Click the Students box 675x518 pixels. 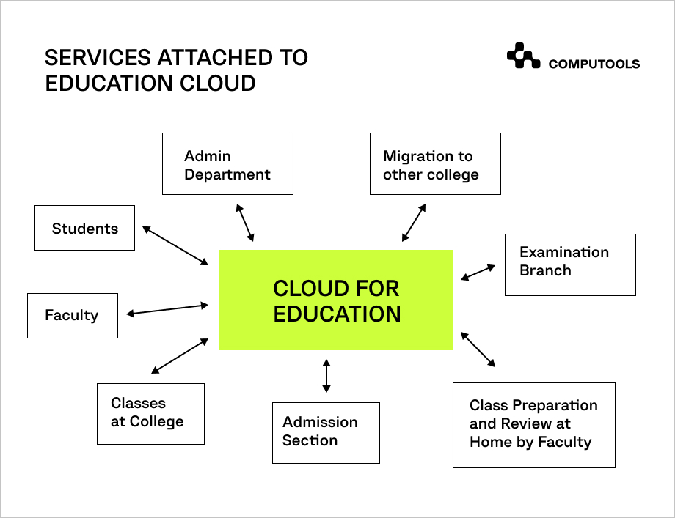[x=85, y=228]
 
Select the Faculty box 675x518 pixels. [x=73, y=316]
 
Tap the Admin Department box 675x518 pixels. [x=227, y=164]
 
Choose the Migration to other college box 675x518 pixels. [x=435, y=164]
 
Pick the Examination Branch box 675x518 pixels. [x=570, y=264]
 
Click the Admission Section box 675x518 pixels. [x=326, y=433]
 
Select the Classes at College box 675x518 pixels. [x=150, y=414]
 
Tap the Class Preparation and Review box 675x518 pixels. [x=534, y=425]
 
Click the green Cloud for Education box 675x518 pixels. [x=336, y=300]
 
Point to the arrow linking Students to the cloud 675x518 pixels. [x=175, y=245]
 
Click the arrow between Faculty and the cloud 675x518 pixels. [x=167, y=309]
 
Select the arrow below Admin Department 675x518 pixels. [x=245, y=223]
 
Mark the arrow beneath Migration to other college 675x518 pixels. [x=414, y=223]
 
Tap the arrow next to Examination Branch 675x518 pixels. [x=478, y=273]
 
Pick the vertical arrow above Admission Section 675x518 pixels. [x=326, y=376]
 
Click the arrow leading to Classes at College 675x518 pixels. [x=180, y=356]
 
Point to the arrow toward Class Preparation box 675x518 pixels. [x=478, y=349]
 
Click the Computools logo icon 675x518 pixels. [x=523, y=56]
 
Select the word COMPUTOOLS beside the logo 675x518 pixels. [x=594, y=64]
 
